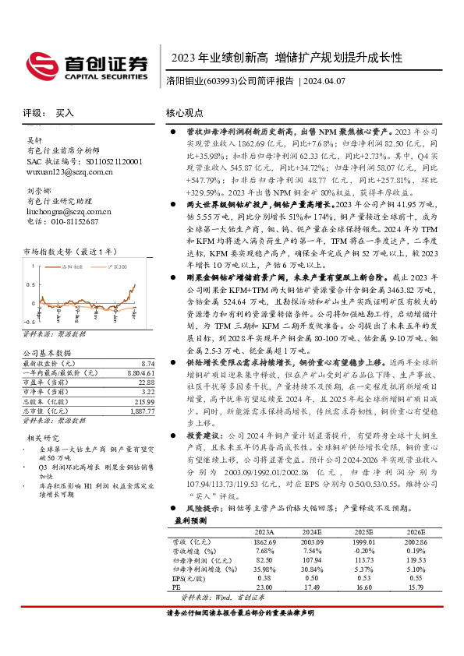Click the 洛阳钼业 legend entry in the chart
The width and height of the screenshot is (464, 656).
73,266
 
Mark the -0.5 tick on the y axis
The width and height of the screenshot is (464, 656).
30,321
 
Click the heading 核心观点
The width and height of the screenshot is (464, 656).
184,112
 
